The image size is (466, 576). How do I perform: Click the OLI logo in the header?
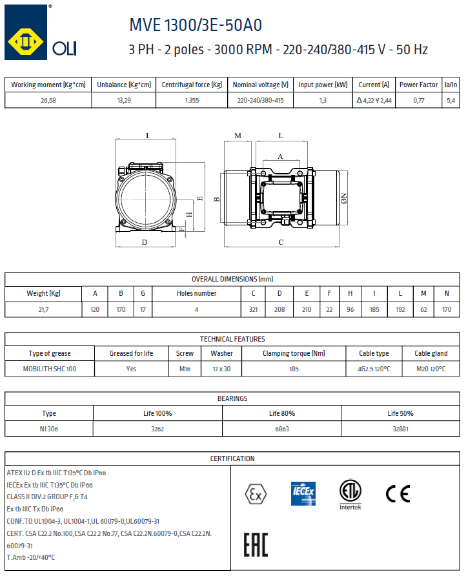tap(41, 33)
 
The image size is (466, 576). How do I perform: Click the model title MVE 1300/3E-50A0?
tap(196, 25)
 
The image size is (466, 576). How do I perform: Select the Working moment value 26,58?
tap(48, 100)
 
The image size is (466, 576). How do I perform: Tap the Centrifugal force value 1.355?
tap(191, 100)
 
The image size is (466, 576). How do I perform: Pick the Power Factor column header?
tap(418, 85)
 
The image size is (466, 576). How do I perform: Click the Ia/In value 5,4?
tap(451, 100)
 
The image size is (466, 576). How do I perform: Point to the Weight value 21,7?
tap(44, 310)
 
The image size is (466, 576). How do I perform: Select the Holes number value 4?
tap(196, 310)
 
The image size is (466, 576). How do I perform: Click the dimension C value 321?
tap(253, 310)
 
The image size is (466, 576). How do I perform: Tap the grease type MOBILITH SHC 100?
tap(50, 369)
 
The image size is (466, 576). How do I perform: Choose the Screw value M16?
tap(185, 369)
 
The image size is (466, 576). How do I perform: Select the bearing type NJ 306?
tap(49, 429)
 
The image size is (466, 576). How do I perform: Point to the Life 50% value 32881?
tap(400, 429)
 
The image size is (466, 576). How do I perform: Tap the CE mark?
tap(398, 493)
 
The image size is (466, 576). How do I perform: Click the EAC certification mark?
tap(256, 544)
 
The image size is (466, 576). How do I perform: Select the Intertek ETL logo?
tap(350, 495)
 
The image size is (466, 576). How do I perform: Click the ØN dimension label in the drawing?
tap(343, 197)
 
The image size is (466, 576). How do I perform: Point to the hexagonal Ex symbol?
tap(256, 494)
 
